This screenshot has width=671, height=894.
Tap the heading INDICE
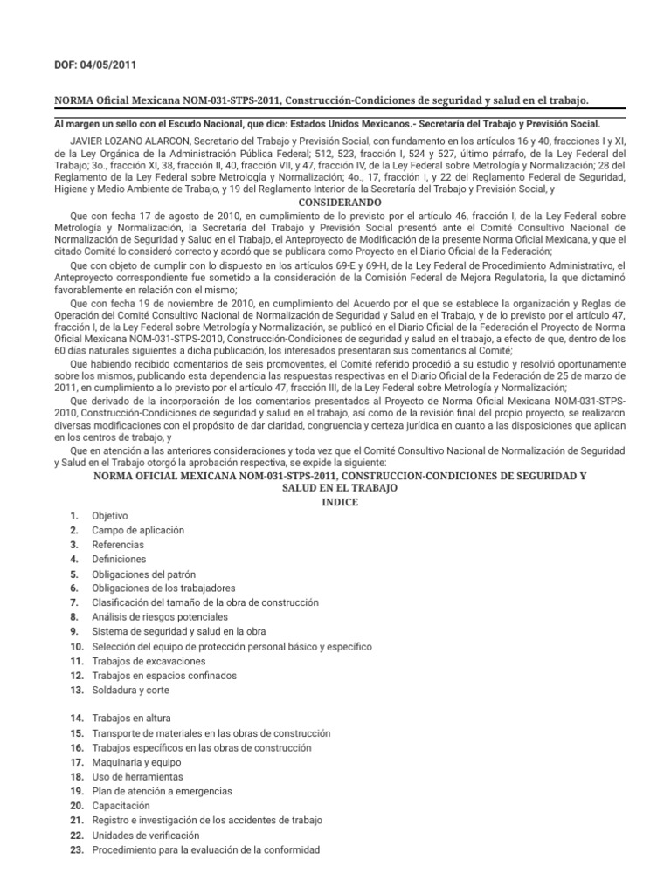click(x=338, y=501)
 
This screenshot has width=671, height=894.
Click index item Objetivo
click(x=110, y=516)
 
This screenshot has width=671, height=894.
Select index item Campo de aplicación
click(x=138, y=530)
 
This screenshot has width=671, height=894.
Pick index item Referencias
click(x=119, y=545)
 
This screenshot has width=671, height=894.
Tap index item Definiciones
click(x=120, y=559)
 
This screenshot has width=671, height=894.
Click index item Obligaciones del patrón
click(x=144, y=574)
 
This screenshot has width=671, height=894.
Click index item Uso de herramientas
click(x=137, y=776)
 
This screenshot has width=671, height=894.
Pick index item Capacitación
click(x=121, y=805)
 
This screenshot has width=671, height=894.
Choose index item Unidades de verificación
click(x=140, y=836)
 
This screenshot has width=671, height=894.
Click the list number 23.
click(x=75, y=849)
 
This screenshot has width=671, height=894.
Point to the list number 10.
click(x=75, y=646)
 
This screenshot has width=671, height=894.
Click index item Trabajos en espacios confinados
click(x=164, y=676)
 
